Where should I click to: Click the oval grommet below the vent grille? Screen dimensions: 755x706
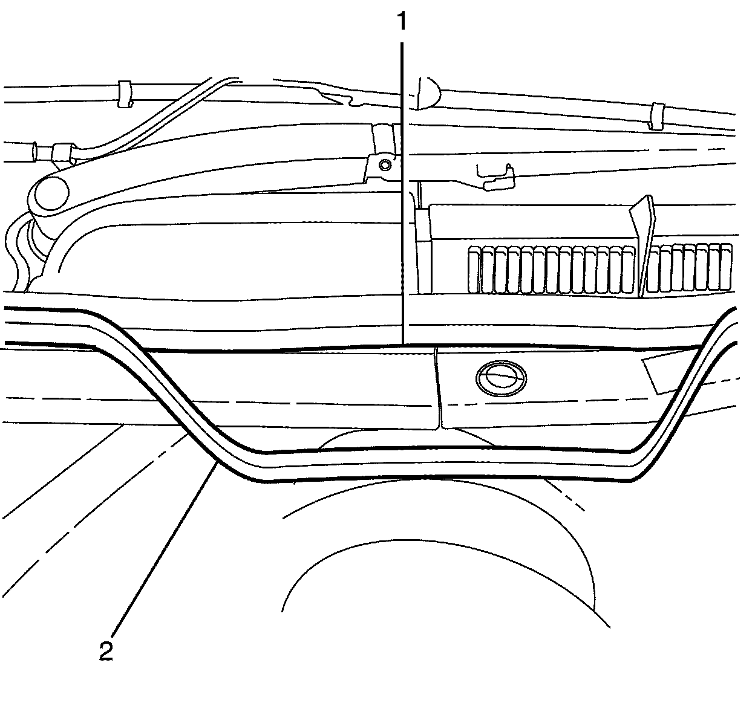click(x=500, y=378)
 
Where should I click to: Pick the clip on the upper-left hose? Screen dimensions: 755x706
click(x=126, y=93)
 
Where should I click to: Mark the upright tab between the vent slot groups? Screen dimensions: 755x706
click(x=642, y=242)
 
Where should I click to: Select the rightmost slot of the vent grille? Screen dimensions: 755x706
click(x=726, y=267)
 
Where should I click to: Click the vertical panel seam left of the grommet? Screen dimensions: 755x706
click(x=437, y=387)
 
